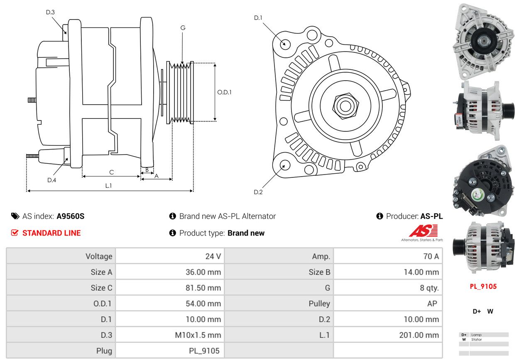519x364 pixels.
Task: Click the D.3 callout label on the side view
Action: point(50,12)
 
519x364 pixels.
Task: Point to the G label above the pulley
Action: point(183,28)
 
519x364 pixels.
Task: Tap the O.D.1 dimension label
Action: point(224,92)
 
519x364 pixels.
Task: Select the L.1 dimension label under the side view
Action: point(108,185)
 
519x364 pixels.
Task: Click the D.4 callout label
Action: point(51,180)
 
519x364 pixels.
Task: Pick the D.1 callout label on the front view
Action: point(258,18)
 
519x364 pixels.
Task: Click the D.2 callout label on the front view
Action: point(258,192)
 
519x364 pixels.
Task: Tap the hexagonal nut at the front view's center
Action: point(345,106)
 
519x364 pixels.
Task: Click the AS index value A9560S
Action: point(71,216)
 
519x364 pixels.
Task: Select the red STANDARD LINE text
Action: point(51,233)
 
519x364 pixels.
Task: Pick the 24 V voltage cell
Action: point(213,256)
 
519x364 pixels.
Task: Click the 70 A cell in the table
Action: point(431,256)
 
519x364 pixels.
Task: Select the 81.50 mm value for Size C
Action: point(203,288)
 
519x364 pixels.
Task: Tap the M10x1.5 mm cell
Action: point(198,335)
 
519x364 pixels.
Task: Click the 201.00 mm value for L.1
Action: point(419,335)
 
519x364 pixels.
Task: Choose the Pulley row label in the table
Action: point(319,304)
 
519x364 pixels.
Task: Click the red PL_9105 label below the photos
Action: point(483,287)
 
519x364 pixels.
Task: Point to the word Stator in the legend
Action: point(476,339)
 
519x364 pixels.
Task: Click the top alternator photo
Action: point(484,41)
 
